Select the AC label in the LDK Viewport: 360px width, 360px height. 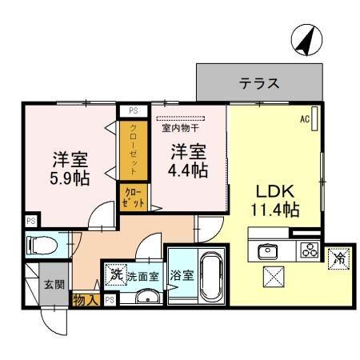pyautogui.click(x=305, y=119)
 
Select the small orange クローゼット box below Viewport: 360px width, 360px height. pyautogui.click(x=132, y=198)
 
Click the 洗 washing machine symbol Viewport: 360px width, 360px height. pyautogui.click(x=115, y=274)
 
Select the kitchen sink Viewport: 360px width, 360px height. pyautogui.click(x=267, y=251)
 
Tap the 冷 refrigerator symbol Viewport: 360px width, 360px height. pyautogui.click(x=339, y=258)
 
